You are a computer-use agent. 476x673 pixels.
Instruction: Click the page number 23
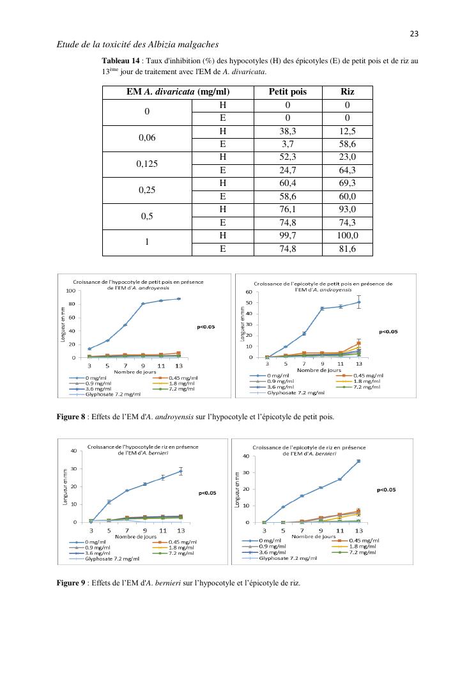pyautogui.click(x=413, y=33)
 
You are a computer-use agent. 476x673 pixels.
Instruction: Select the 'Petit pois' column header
pyautogui.click(x=288, y=91)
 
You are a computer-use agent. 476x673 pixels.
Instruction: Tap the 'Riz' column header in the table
pyautogui.click(x=348, y=91)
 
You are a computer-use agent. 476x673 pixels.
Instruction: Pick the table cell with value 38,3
pyautogui.click(x=288, y=131)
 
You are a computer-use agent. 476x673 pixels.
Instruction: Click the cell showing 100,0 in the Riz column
pyautogui.click(x=348, y=236)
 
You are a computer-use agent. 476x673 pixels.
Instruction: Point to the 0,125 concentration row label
pyautogui.click(x=147, y=164)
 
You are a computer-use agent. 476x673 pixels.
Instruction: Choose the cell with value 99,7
pyautogui.click(x=288, y=236)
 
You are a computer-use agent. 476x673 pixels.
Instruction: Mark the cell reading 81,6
pyautogui.click(x=348, y=249)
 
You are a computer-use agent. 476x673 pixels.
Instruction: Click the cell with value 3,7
pyautogui.click(x=288, y=144)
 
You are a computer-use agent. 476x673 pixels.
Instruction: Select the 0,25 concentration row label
pyautogui.click(x=147, y=190)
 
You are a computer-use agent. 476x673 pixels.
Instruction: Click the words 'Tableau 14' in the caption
pyautogui.click(x=120, y=61)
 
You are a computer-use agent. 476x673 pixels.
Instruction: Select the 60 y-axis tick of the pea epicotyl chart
pyautogui.click(x=249, y=292)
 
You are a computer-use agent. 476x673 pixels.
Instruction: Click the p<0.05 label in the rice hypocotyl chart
pyautogui.click(x=207, y=493)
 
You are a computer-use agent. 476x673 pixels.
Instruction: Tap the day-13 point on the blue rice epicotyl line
pyautogui.click(x=358, y=461)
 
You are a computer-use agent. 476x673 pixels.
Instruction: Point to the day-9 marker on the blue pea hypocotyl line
pyautogui.click(x=143, y=304)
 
